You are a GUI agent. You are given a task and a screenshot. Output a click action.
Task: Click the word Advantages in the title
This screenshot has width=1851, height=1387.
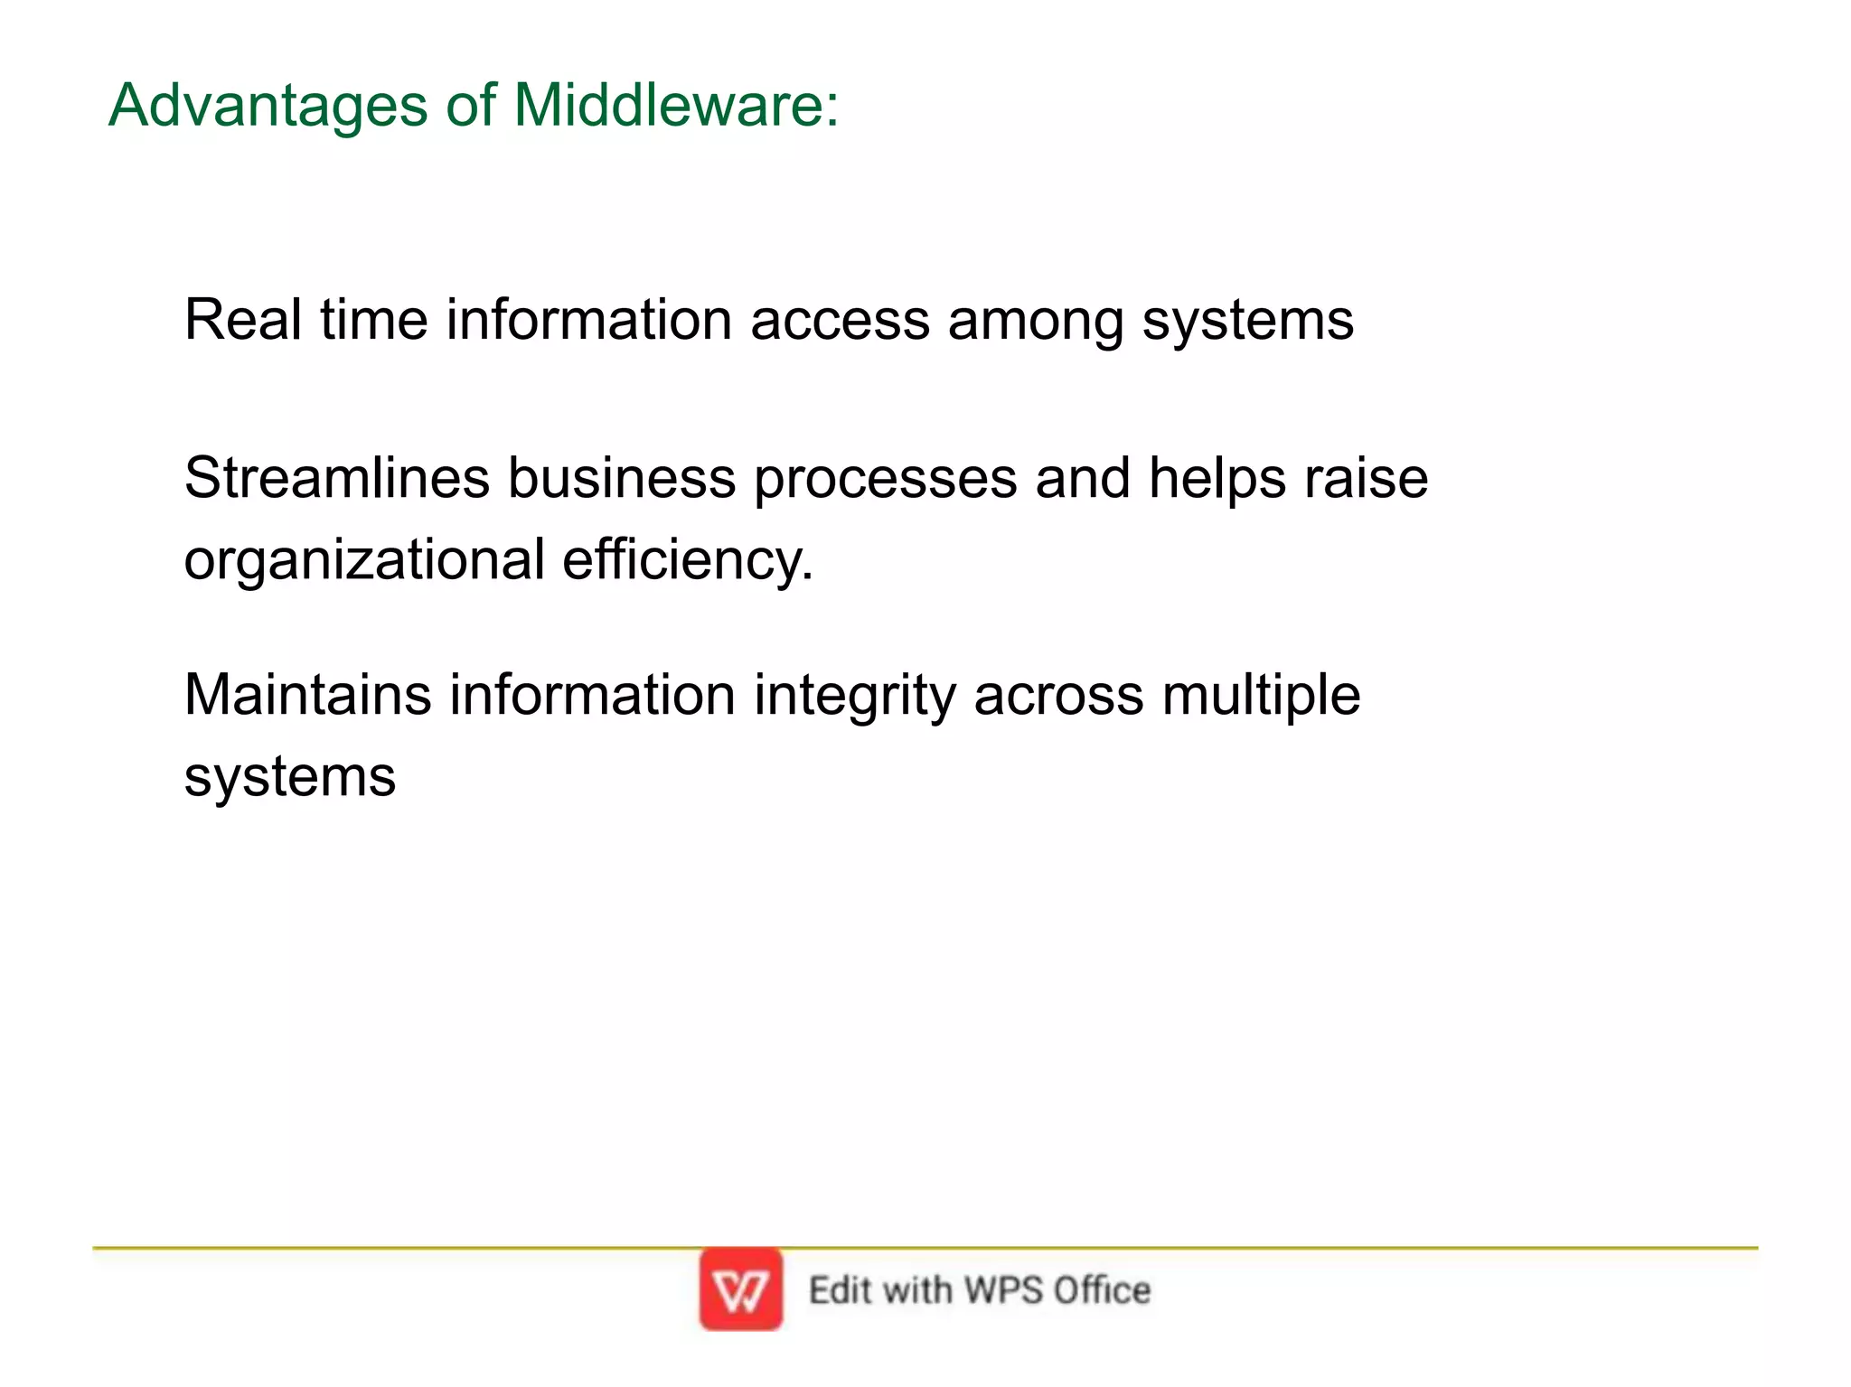[x=268, y=107]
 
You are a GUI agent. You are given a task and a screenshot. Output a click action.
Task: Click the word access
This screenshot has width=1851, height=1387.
[x=840, y=321]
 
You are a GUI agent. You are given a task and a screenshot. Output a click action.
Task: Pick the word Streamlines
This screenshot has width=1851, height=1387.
[x=336, y=478]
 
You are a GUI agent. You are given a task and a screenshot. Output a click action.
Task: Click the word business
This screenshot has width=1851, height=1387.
[x=621, y=478]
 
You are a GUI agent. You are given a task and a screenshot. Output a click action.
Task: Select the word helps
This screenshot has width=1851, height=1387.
[x=1217, y=479]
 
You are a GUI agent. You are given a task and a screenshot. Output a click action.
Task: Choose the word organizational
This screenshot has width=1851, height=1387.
[x=364, y=561]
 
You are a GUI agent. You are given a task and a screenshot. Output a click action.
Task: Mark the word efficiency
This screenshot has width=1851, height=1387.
[x=687, y=559]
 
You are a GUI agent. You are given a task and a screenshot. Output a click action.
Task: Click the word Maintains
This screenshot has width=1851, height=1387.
[x=307, y=695]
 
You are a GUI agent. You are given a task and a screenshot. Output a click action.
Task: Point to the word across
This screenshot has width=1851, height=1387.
[x=1058, y=697]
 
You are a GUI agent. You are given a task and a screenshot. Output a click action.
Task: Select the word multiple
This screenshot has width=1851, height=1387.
[x=1261, y=697]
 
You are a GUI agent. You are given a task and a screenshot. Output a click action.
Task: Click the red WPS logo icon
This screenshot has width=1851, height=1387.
[x=740, y=1289]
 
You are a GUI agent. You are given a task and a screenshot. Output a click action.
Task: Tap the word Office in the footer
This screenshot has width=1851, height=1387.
[x=1102, y=1289]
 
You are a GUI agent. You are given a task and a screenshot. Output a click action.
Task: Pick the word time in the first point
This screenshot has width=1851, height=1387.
[x=373, y=320]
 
